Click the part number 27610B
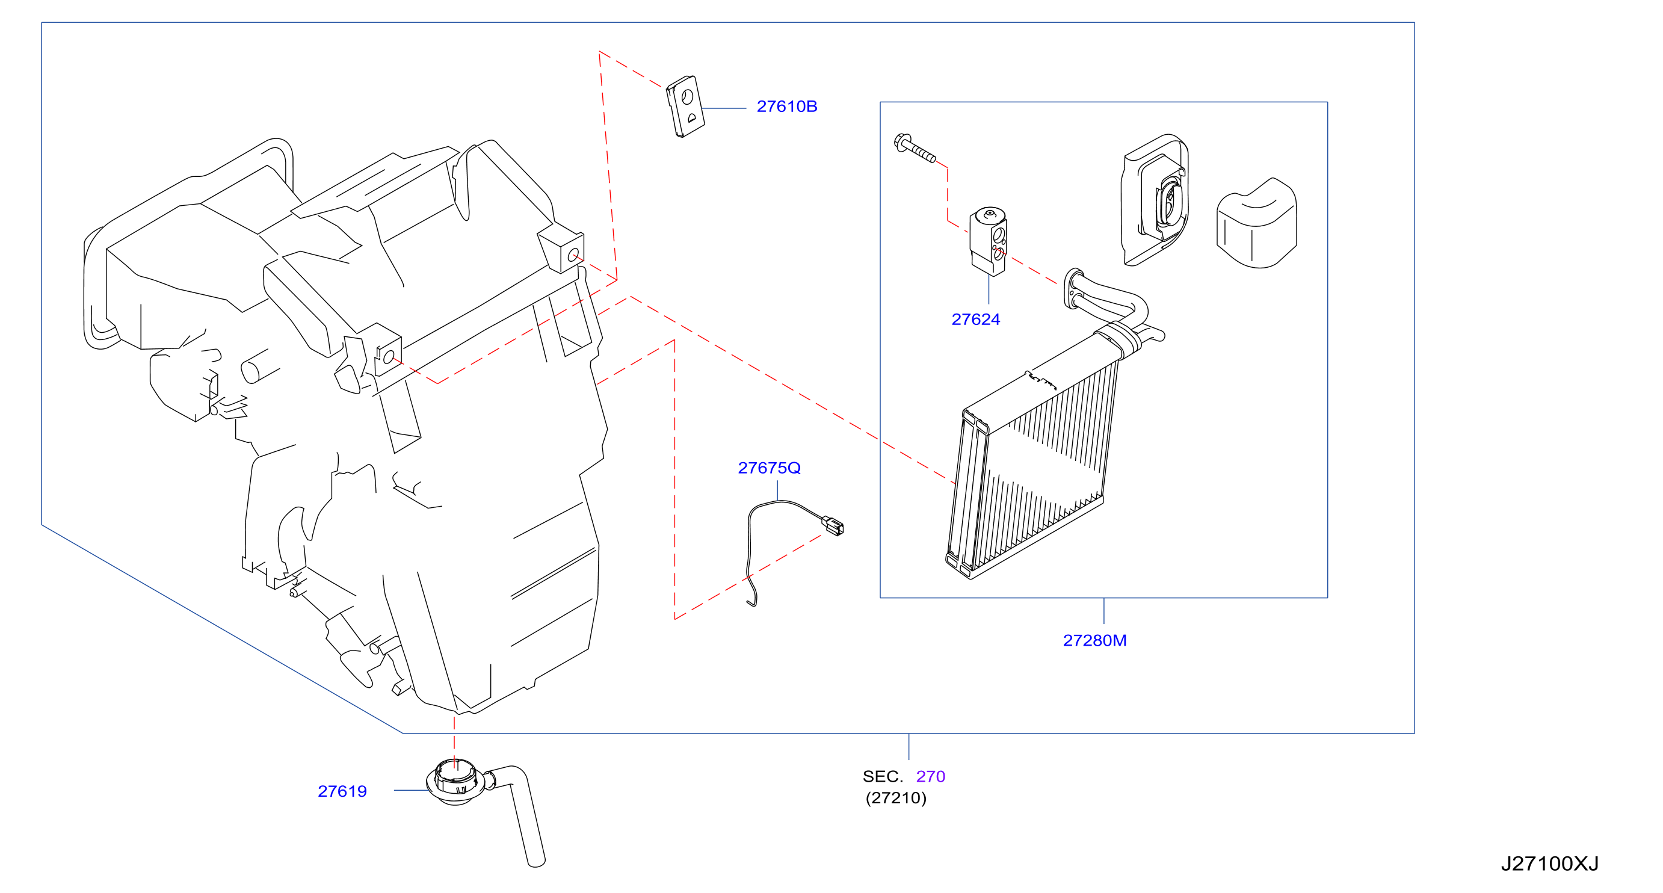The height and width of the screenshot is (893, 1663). click(x=786, y=107)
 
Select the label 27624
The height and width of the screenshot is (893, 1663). click(x=975, y=320)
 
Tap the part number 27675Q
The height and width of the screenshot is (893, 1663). click(x=769, y=468)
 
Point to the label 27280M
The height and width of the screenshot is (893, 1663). click(x=1094, y=640)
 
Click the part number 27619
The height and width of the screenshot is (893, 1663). click(x=342, y=792)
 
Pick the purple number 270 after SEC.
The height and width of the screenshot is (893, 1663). click(x=930, y=777)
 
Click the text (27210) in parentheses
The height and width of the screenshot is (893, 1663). click(x=896, y=798)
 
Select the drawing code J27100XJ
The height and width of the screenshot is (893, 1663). click(x=1549, y=864)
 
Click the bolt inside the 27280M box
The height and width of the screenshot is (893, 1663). click(x=914, y=148)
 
